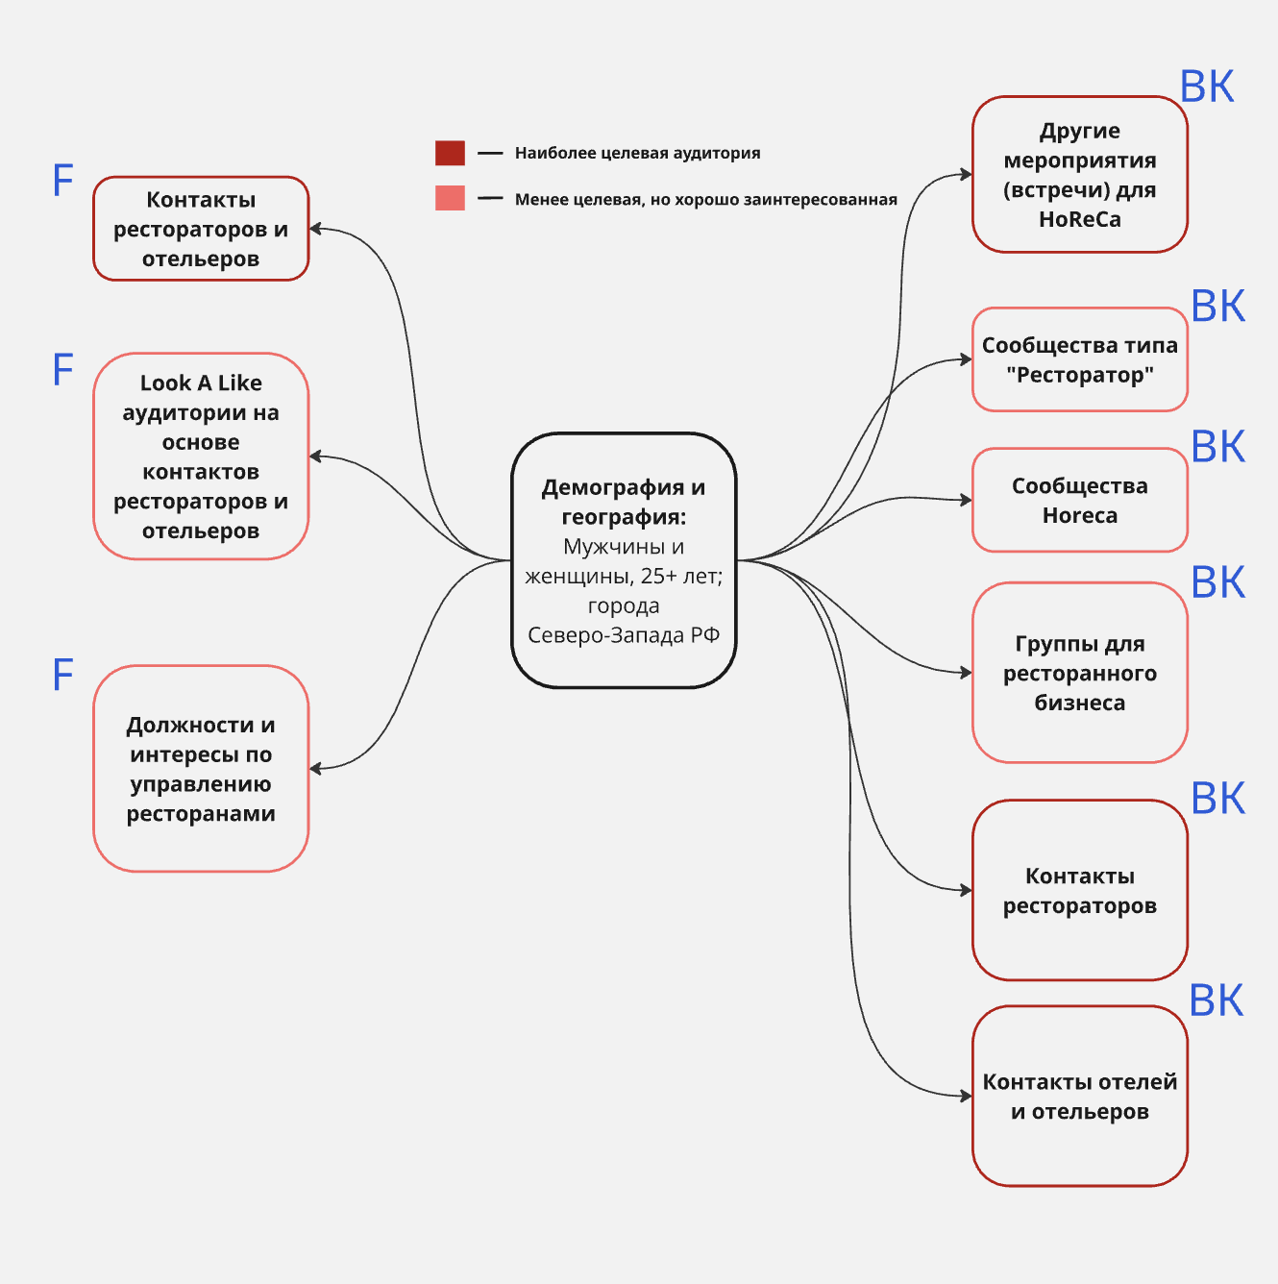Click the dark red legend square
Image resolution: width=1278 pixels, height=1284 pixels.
coord(450,153)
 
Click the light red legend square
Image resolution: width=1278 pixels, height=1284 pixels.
coord(450,198)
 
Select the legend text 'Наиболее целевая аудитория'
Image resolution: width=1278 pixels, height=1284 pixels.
coord(637,153)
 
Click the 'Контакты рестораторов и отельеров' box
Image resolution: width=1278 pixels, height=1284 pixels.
coord(201,229)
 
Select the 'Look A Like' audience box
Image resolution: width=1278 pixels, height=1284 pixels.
coord(201,457)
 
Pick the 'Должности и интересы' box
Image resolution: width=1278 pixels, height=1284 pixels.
coord(201,769)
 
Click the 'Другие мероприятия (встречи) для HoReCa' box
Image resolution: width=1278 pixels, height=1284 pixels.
coord(1079,175)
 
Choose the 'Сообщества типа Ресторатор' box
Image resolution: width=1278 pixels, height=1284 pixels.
coord(1079,359)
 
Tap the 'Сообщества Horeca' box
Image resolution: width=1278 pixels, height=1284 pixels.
coord(1079,500)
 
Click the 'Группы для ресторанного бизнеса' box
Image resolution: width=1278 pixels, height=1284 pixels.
coord(1079,673)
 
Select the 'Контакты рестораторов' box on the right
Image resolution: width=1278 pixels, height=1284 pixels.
coord(1079,890)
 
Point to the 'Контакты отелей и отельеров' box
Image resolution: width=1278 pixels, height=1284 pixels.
coord(1079,1096)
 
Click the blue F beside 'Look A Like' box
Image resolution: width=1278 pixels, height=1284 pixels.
coord(62,370)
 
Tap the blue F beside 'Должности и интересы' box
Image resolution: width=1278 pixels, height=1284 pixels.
coord(62,676)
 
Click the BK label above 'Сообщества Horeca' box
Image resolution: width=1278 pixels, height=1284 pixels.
coord(1217,447)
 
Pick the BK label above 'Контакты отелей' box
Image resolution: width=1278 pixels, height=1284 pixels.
coord(1216,1000)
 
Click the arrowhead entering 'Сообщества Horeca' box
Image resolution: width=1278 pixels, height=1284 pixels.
coord(966,500)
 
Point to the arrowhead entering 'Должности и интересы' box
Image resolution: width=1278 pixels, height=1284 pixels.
coord(316,769)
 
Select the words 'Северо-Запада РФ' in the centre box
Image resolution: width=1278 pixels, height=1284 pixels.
coord(624,635)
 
